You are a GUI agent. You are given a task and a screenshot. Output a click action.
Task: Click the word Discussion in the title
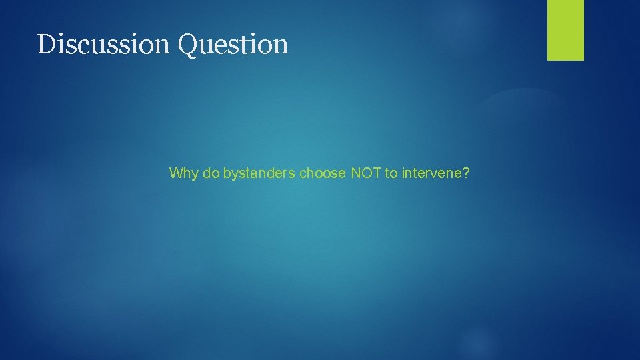[x=104, y=45]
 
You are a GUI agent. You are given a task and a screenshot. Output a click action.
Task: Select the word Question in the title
[x=233, y=45]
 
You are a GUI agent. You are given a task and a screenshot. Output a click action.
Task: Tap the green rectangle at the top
[x=565, y=29]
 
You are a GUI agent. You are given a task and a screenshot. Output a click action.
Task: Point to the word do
[x=211, y=174]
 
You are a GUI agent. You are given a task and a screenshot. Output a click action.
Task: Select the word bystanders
[x=259, y=174]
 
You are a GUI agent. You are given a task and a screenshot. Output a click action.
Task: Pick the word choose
[x=323, y=174]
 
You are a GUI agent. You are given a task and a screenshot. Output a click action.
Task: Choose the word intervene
[x=431, y=174]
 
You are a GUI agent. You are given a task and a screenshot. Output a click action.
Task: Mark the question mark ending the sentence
[x=467, y=174]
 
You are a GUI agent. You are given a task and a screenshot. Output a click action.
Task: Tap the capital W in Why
[x=176, y=174]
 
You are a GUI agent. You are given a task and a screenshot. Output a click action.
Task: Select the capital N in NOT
[x=356, y=174]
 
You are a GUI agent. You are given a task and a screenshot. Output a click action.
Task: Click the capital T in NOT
[x=377, y=174]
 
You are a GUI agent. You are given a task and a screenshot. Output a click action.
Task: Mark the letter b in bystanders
[x=227, y=174]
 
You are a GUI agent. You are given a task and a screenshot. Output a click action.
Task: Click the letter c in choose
[x=303, y=175]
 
